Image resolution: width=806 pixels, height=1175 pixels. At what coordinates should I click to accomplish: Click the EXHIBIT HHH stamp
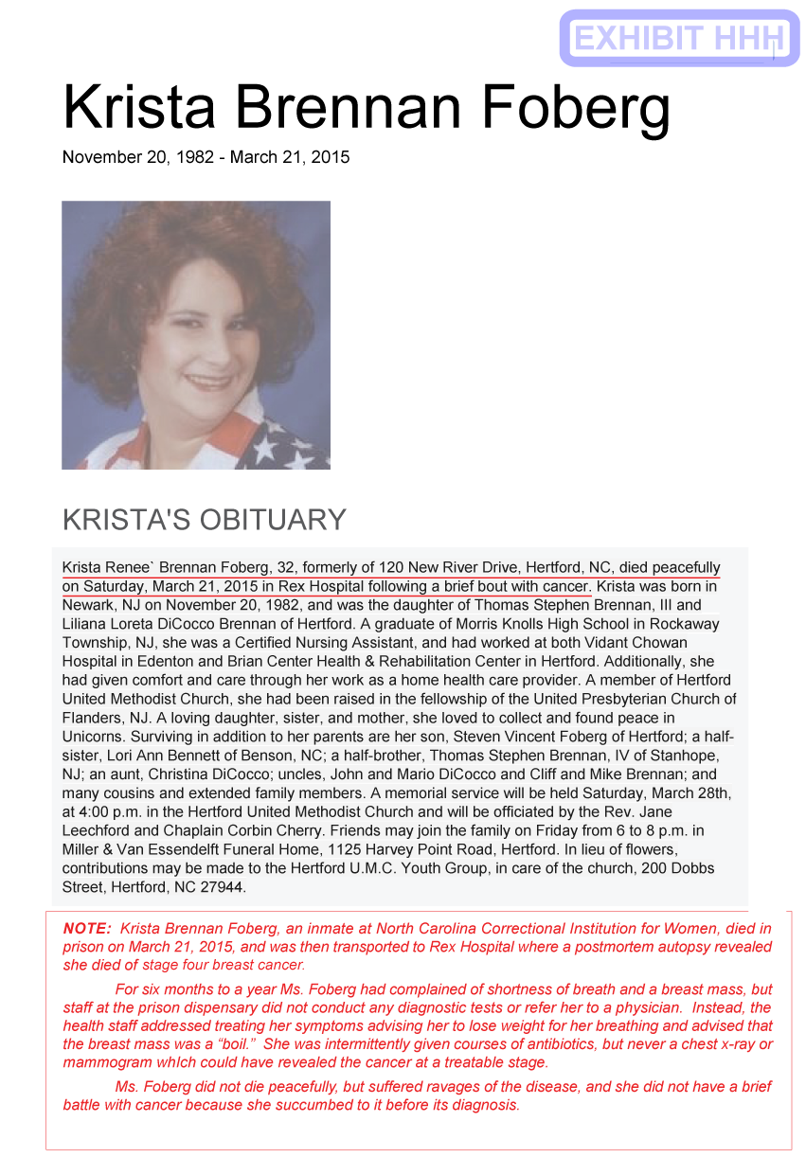pos(679,39)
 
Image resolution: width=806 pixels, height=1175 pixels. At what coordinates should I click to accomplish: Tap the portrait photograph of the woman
pos(196,335)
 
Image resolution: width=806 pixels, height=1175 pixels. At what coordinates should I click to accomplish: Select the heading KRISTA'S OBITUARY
pos(204,520)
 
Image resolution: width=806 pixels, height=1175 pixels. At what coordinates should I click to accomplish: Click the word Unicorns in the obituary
pos(94,737)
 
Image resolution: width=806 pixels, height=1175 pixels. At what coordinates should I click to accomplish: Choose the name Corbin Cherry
pos(257,830)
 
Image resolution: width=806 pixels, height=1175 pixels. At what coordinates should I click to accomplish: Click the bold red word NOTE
pos(87,929)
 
